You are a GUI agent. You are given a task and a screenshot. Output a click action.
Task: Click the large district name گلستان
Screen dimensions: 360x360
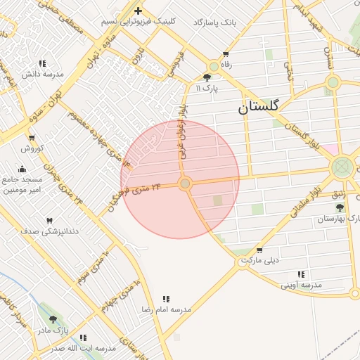(x=258, y=107)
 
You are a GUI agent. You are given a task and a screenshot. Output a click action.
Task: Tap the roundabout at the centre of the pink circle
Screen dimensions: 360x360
(x=185, y=184)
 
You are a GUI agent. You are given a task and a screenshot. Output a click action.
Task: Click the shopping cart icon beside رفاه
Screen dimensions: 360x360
(x=226, y=54)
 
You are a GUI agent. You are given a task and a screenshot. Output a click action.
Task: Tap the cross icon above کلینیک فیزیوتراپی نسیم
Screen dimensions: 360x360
(x=138, y=11)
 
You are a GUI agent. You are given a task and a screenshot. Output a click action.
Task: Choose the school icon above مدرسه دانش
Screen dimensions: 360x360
(x=42, y=63)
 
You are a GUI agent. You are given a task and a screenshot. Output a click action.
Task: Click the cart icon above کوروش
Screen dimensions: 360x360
(x=31, y=138)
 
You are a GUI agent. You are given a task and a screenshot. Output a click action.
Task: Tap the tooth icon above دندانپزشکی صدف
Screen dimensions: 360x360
(x=49, y=221)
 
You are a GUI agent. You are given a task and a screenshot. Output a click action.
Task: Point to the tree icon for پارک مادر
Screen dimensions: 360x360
(x=53, y=319)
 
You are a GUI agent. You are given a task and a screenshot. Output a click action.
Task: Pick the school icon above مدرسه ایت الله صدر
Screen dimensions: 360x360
(x=83, y=337)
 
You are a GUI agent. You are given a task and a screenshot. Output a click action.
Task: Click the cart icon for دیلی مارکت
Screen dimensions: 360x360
(x=259, y=250)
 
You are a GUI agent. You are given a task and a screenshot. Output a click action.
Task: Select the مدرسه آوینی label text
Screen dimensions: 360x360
(x=301, y=285)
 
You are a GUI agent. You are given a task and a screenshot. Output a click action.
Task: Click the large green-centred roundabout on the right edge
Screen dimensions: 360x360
(x=342, y=167)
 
